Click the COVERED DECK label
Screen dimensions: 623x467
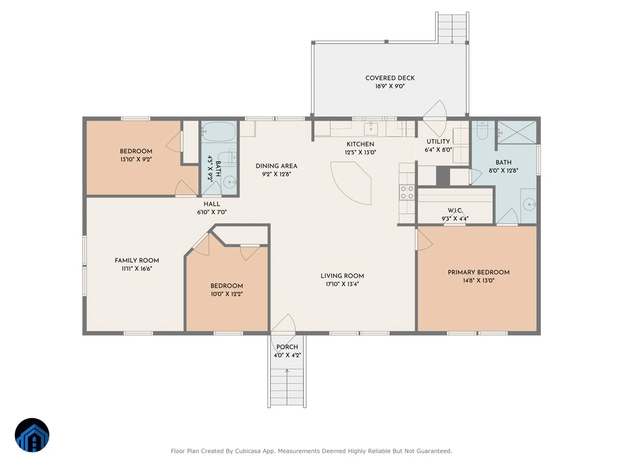click(x=390, y=78)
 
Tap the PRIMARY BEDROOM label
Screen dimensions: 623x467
click(x=479, y=272)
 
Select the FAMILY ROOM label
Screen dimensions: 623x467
click(x=137, y=260)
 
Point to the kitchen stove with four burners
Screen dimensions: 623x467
click(x=407, y=193)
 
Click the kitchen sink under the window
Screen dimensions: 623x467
click(x=371, y=129)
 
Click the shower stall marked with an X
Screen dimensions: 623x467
click(x=517, y=132)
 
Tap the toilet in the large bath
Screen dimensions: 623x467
click(x=482, y=130)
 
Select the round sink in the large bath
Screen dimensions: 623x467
click(x=529, y=204)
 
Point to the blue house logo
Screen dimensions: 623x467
click(x=32, y=435)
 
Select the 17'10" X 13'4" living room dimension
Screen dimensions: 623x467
click(x=342, y=284)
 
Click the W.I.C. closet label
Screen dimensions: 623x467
click(x=455, y=210)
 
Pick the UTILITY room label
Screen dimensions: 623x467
click(x=438, y=142)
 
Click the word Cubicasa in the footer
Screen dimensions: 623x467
click(x=248, y=451)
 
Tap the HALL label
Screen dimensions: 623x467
click(x=212, y=204)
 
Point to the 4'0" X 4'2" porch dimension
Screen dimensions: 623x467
click(x=287, y=355)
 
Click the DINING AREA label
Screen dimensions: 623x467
click(x=276, y=166)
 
